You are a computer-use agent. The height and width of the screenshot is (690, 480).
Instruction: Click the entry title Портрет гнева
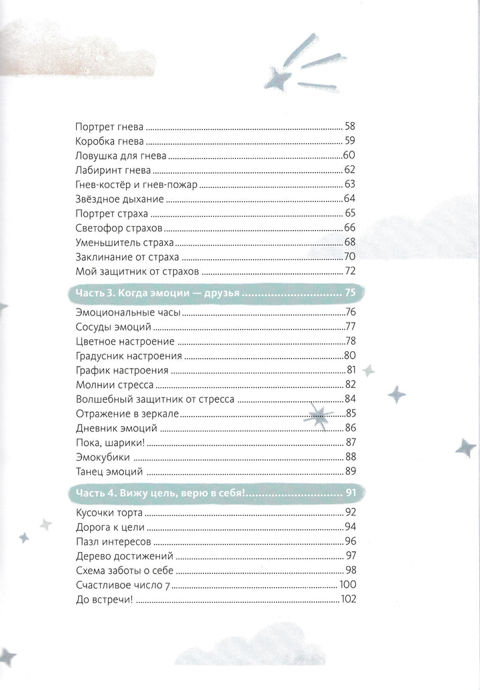click(x=107, y=126)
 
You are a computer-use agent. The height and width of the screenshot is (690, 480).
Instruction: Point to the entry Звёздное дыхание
click(x=115, y=199)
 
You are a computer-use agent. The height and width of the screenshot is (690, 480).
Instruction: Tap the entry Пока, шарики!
click(x=107, y=443)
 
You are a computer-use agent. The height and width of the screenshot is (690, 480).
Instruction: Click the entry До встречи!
click(x=100, y=599)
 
